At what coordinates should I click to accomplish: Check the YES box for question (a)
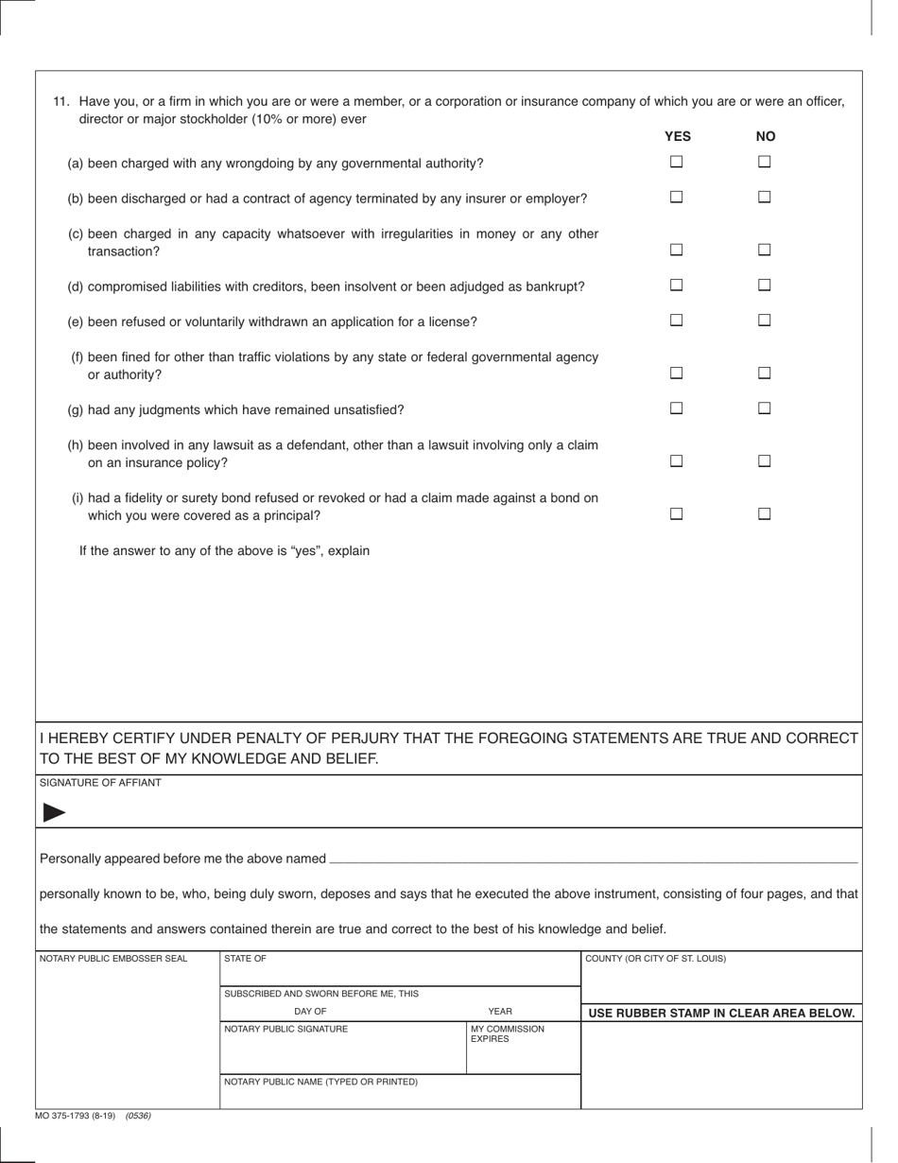677,162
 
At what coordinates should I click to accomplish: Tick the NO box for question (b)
765,198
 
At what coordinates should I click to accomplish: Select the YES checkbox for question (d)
677,285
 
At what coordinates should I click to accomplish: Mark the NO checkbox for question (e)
765,321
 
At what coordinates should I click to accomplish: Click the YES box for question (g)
677,408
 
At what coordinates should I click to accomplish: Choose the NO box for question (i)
765,514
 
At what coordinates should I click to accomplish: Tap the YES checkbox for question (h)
677,461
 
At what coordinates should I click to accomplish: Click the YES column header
678,137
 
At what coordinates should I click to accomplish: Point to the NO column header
766,137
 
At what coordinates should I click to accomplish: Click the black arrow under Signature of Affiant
55,812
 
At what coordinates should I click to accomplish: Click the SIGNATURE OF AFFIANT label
100,783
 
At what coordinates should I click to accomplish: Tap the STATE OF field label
245,959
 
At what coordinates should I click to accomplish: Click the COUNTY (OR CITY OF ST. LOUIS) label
656,959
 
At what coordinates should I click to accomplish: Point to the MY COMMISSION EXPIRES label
508,1034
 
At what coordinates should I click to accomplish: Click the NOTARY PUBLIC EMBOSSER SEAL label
113,959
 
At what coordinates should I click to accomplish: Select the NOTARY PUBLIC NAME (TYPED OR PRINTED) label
320,1082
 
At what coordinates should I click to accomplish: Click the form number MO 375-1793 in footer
75,1116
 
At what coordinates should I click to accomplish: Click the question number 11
61,102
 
